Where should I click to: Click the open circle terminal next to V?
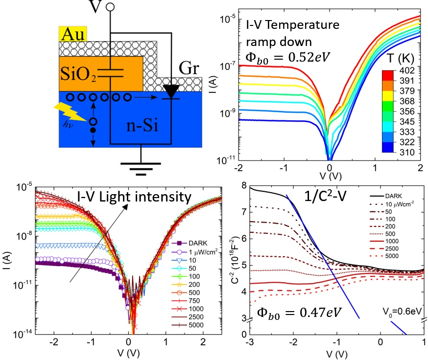click(x=111, y=7)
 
